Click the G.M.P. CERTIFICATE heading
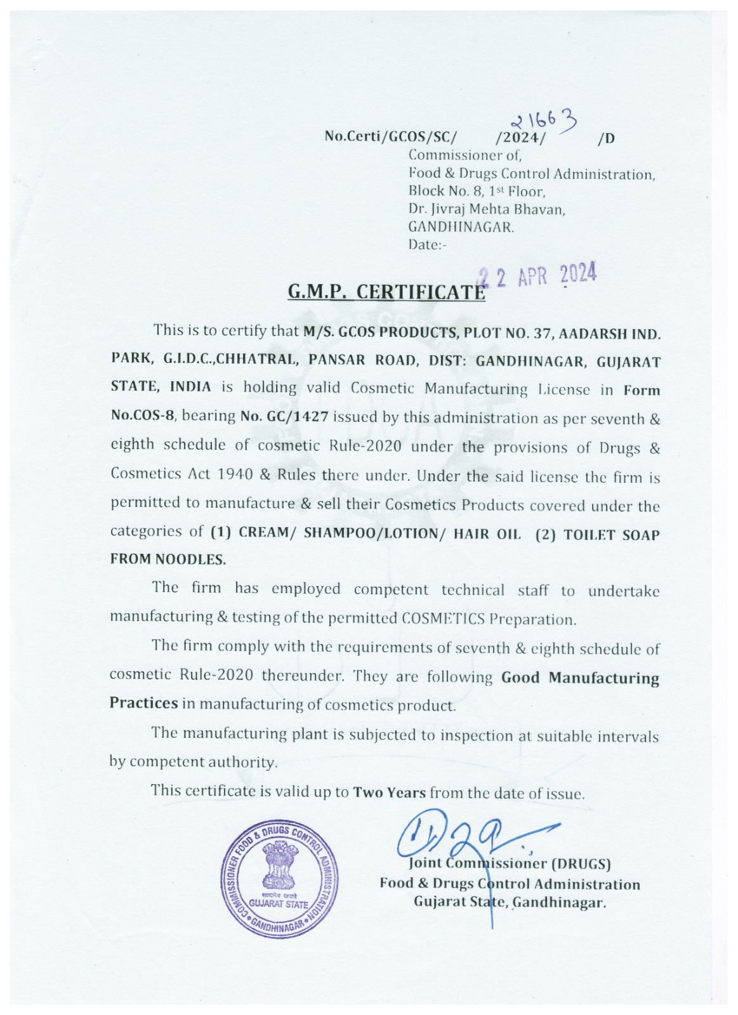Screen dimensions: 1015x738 tap(386, 291)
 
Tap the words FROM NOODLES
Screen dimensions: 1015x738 tap(168, 559)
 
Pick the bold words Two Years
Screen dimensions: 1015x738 tap(389, 792)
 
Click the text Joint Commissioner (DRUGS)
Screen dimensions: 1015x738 tap(510, 863)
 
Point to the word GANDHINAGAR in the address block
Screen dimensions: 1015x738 tap(461, 226)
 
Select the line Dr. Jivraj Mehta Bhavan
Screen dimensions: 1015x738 tap(487, 209)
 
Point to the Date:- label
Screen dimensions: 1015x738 tap(428, 245)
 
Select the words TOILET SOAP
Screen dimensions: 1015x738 tap(612, 535)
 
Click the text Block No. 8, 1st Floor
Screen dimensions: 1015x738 tap(477, 191)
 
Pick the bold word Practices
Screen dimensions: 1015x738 tap(143, 703)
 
